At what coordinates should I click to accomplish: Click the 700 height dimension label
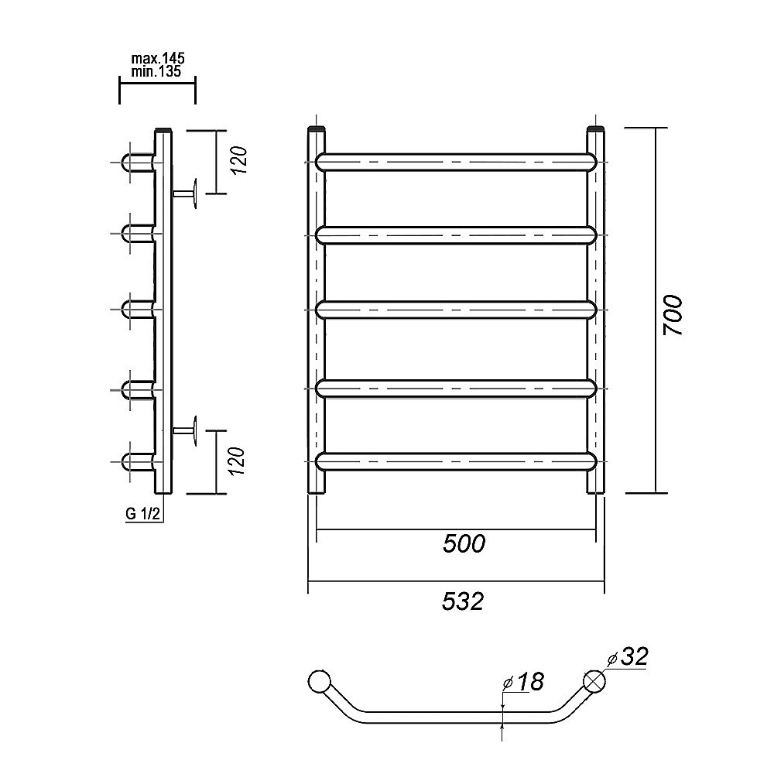tap(673, 316)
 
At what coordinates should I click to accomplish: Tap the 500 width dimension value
tap(464, 544)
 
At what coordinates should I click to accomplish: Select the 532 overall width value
tap(463, 601)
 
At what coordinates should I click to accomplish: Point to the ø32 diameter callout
tap(628, 656)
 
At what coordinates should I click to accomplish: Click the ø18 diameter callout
tap(523, 682)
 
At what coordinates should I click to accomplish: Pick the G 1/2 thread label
tap(142, 514)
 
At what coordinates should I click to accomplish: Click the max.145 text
tap(157, 58)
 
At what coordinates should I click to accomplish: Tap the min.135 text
tap(156, 71)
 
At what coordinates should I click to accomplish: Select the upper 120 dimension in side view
tap(239, 160)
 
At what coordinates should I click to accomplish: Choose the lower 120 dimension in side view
tap(238, 461)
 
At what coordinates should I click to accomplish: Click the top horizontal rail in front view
tap(456, 163)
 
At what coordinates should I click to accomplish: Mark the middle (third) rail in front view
tap(456, 310)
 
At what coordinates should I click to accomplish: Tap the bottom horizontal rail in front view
tap(456, 461)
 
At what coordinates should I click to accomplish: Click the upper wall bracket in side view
tap(186, 193)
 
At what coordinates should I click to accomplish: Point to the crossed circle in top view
tap(594, 681)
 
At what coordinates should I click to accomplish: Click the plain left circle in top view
tap(320, 682)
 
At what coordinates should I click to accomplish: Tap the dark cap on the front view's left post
tap(317, 129)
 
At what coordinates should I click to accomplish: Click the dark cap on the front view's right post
tap(596, 129)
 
